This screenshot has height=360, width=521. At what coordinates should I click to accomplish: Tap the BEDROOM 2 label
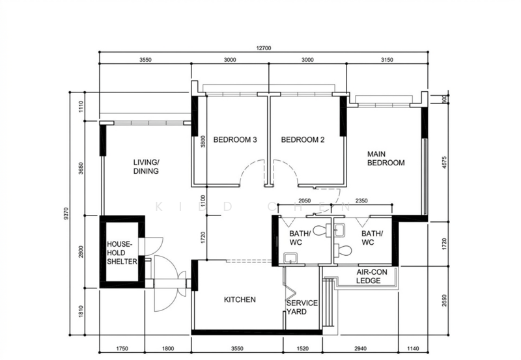click(x=302, y=140)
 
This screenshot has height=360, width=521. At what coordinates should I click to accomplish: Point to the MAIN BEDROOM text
click(x=386, y=159)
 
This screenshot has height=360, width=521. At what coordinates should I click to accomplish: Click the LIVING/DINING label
click(x=147, y=167)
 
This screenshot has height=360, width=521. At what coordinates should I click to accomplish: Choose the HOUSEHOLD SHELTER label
click(x=122, y=253)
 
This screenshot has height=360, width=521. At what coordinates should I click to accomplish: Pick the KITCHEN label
click(x=240, y=300)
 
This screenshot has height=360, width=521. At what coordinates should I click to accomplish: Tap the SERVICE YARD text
click(x=302, y=307)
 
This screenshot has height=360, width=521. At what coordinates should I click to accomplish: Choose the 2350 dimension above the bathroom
click(x=361, y=202)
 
